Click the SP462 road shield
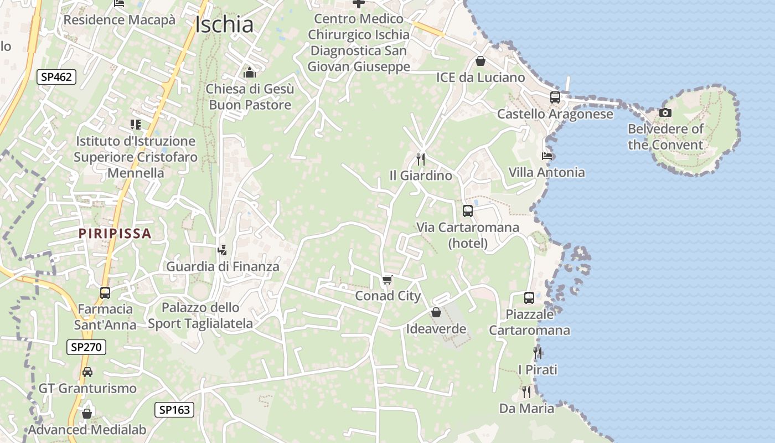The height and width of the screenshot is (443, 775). [x=56, y=77]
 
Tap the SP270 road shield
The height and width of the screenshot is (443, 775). [x=86, y=347]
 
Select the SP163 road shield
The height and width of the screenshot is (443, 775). [x=174, y=410]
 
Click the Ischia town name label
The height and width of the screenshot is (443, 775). [x=225, y=24]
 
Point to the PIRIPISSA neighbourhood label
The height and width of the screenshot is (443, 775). [x=115, y=233]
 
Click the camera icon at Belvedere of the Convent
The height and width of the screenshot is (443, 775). [x=665, y=113]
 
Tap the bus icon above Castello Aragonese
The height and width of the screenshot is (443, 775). [x=555, y=97]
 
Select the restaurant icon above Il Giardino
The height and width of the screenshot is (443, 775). [x=421, y=159]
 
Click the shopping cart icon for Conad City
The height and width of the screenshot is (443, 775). [x=387, y=280]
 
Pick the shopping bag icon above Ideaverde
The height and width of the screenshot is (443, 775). [x=436, y=313]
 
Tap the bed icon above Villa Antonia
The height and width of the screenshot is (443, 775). [x=547, y=156]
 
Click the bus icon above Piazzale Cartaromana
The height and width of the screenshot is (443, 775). [x=529, y=298]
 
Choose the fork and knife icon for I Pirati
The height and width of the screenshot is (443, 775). [x=538, y=353]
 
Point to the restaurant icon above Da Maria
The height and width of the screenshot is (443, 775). [x=526, y=392]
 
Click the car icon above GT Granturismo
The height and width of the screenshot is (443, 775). [x=87, y=372]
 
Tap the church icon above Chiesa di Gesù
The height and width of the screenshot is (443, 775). [x=250, y=73]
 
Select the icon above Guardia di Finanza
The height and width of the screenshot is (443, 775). [x=223, y=250]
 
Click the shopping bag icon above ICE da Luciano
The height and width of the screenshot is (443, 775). [x=480, y=61]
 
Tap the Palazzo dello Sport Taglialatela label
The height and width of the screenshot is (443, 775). [x=200, y=316]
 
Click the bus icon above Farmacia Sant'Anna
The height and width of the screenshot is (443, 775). [x=105, y=292]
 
